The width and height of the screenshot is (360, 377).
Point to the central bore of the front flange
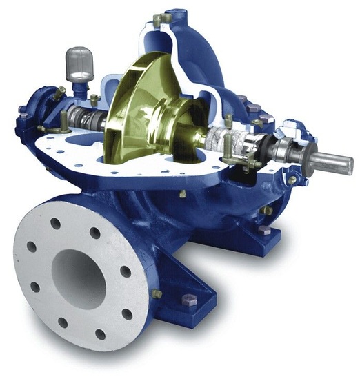click(x=77, y=275)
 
